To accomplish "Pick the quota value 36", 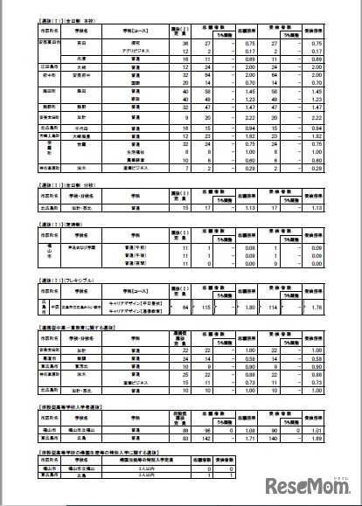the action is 184,42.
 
